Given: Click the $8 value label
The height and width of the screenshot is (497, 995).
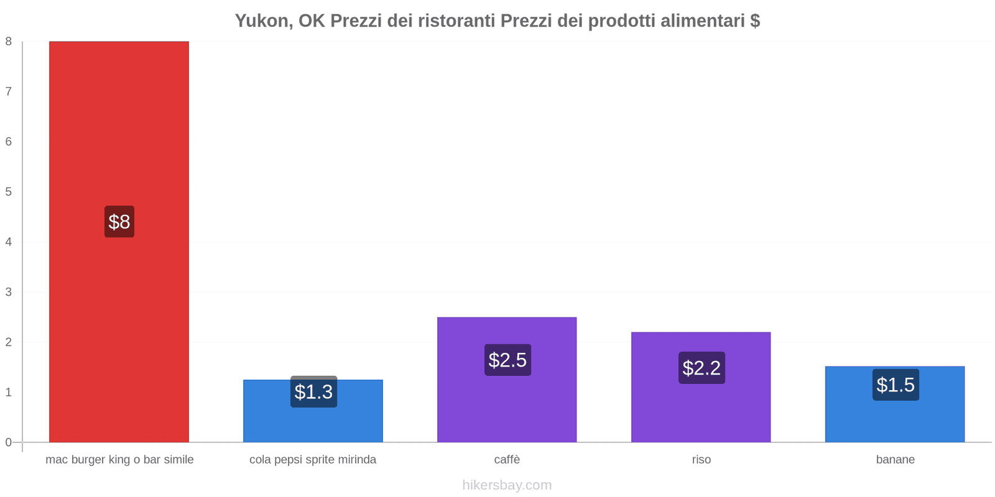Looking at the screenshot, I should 119,222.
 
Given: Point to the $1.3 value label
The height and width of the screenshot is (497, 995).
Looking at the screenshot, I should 313,392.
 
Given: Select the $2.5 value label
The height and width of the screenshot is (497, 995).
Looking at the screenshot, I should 507,360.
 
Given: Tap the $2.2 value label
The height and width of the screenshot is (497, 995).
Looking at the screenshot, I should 701,368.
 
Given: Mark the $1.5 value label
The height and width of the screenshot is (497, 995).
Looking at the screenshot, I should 895,385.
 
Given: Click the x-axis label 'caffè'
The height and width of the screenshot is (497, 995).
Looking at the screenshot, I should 507,460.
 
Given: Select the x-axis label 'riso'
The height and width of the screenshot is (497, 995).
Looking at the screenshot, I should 701,460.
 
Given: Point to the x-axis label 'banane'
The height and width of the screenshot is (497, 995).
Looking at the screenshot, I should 895,460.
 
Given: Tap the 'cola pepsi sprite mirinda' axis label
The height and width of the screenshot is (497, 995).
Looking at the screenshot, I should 313,460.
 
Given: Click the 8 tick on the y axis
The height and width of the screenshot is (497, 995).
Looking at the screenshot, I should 9,42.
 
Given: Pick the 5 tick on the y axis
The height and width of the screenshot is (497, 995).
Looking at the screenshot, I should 9,192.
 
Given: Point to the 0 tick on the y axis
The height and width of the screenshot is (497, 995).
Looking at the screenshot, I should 9,442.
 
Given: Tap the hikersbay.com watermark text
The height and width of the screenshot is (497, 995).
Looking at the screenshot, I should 507,485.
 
